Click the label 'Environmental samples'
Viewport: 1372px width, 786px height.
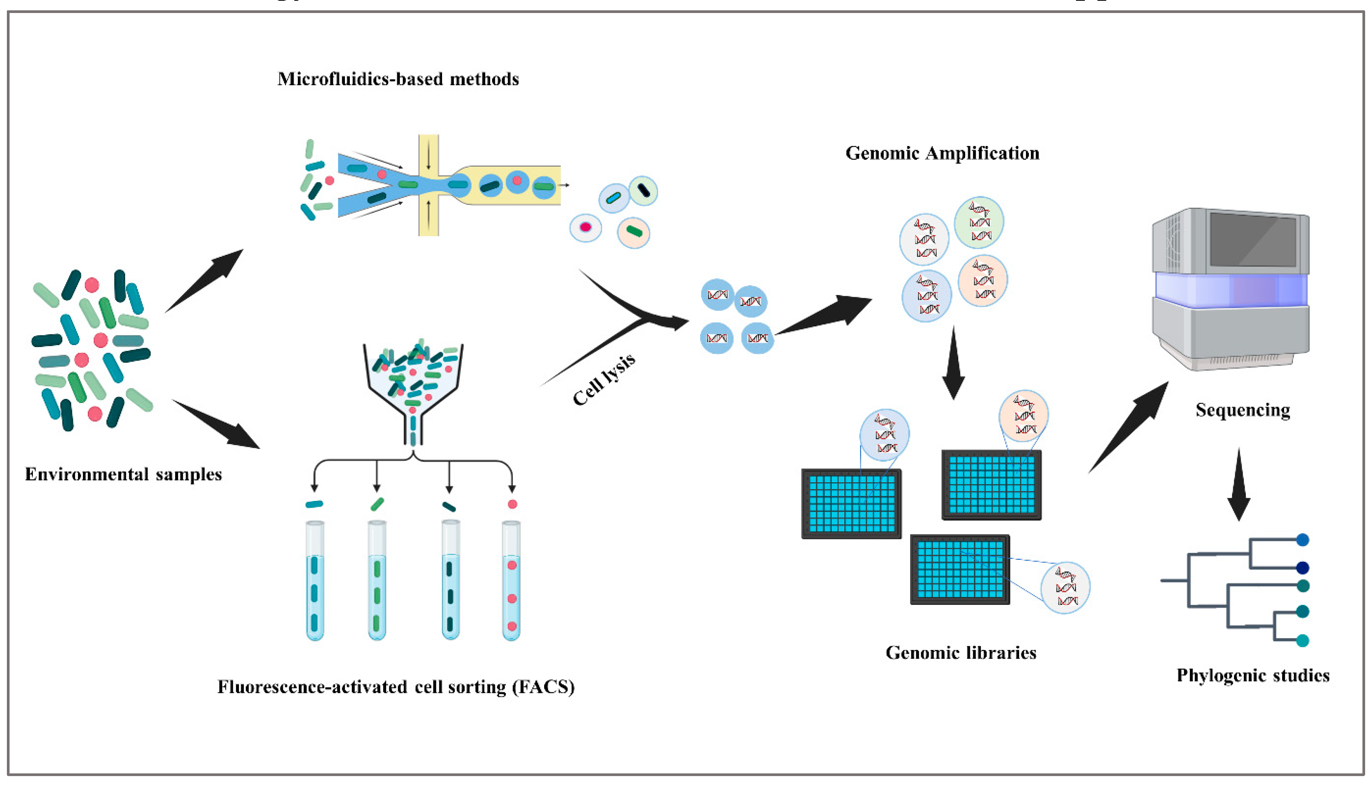click(123, 475)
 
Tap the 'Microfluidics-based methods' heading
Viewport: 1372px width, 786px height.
click(398, 79)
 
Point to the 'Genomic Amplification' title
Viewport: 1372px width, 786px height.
click(942, 153)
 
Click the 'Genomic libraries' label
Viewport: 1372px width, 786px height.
click(961, 653)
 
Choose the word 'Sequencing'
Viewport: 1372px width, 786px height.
click(1243, 410)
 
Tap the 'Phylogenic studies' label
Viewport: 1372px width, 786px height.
click(1253, 676)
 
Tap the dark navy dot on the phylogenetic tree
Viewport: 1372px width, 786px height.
click(1303, 568)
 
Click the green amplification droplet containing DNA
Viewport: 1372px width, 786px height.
click(979, 222)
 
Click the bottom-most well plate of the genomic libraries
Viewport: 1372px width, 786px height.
click(960, 569)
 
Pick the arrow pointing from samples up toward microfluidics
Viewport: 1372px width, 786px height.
click(204, 281)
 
